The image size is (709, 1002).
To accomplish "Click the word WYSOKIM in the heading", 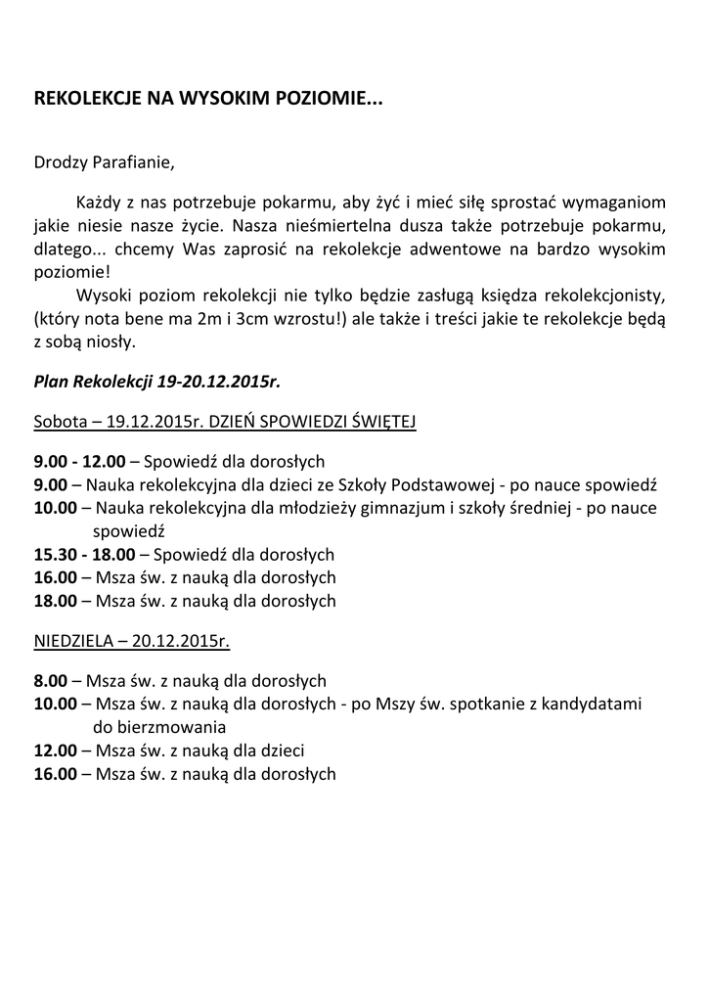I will point(215,99).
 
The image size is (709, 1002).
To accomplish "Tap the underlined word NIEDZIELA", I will point(75,642).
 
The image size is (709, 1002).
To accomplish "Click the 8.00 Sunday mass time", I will point(51,680).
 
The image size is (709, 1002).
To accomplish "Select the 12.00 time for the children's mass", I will point(55,751).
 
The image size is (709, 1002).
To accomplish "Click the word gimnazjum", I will point(379,508).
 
